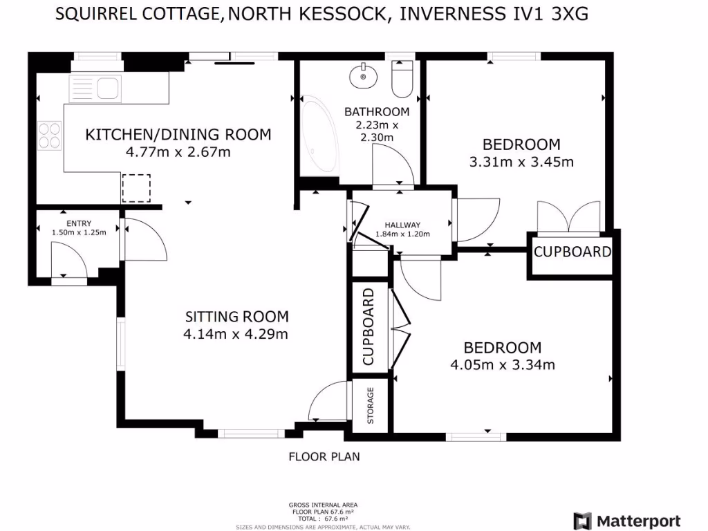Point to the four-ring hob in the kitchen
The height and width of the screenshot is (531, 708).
click(49, 135)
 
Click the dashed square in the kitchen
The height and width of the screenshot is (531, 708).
click(136, 188)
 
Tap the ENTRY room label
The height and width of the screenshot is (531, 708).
click(79, 223)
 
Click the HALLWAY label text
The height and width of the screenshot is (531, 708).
click(402, 225)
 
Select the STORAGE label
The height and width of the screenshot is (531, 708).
click(371, 405)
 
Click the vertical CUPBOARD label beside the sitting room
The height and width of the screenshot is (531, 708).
click(368, 327)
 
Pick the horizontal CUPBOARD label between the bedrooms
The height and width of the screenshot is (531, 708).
click(572, 252)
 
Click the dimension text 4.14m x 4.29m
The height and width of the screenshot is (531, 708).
click(236, 334)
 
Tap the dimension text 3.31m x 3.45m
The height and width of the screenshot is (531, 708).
click(521, 162)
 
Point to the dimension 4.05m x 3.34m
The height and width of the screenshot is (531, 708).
click(503, 364)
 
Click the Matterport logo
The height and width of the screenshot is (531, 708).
click(627, 521)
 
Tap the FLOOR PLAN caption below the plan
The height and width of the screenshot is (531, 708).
click(324, 456)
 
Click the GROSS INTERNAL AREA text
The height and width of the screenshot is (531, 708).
click(324, 505)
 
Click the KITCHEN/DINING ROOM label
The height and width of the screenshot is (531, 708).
click(178, 134)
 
